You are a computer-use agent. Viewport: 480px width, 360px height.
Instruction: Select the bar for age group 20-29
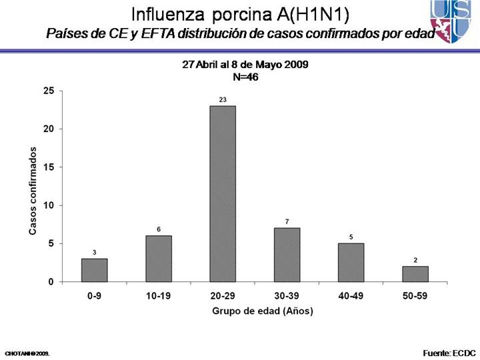223,193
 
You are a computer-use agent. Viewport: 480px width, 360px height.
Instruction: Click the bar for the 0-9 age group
94,270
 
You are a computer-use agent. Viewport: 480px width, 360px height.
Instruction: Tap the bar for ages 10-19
159,259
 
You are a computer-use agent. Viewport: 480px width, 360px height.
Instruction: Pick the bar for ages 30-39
287,255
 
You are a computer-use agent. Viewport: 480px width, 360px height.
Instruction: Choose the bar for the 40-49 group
351,263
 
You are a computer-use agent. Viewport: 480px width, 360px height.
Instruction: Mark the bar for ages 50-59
415,274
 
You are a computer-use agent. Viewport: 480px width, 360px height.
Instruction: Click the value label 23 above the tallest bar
223,99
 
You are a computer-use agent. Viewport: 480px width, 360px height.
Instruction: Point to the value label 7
287,221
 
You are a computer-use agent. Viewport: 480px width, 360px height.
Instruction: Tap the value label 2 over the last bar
415,260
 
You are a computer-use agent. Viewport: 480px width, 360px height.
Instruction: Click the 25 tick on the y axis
48,91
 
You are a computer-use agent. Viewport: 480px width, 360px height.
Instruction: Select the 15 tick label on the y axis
48,167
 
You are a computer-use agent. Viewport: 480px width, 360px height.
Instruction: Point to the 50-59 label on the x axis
415,295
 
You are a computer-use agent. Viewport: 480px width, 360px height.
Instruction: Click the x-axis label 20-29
223,295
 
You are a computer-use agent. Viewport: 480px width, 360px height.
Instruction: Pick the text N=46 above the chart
245,77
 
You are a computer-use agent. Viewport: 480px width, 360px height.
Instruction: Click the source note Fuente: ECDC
449,351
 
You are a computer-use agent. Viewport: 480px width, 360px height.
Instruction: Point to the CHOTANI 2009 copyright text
27,352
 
